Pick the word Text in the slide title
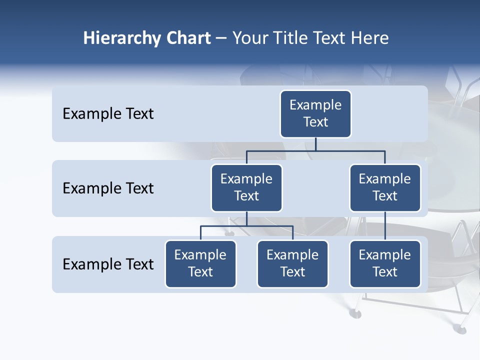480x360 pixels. pos(329,38)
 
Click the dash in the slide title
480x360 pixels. pos(221,38)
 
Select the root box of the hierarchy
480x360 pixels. pos(315,113)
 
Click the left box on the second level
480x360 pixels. pos(246,187)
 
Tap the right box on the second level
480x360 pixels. pos(385,187)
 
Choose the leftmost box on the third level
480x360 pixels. pos(200,263)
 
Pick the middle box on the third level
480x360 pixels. pos(292,263)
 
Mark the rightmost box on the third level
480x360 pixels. pos(385,263)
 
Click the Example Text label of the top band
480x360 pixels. pos(108,114)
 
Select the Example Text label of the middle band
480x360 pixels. pos(108,188)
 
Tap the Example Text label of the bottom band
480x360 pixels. pos(108,264)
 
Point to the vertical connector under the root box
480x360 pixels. pos(315,144)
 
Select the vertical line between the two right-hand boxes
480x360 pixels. pos(385,225)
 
